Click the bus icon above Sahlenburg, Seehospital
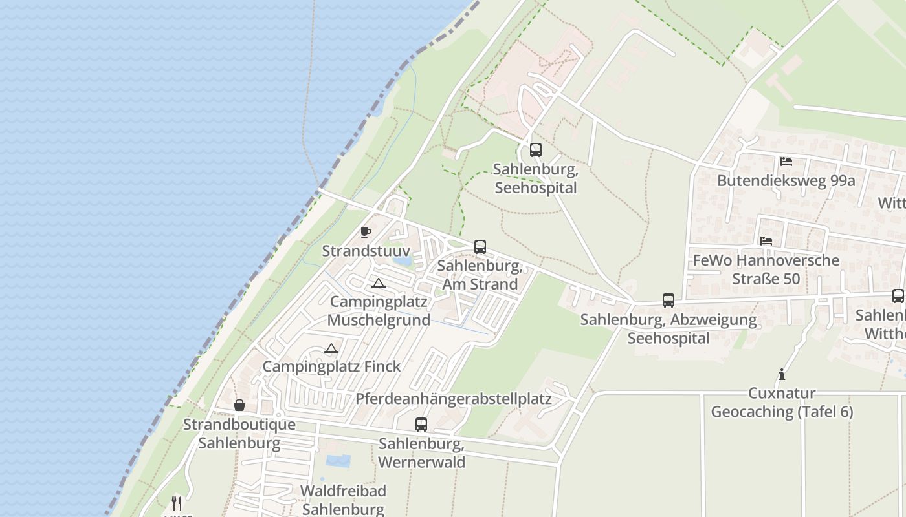(x=536, y=150)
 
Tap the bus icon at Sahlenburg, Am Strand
(x=480, y=247)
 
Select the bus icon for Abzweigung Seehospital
(x=668, y=301)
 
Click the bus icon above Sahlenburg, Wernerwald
(x=421, y=425)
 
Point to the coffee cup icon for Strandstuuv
(x=366, y=232)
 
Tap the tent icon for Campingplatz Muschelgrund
(x=379, y=283)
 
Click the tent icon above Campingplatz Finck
(x=331, y=349)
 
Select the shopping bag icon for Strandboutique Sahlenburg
(x=239, y=405)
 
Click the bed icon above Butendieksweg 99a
(x=786, y=162)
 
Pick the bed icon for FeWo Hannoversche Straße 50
(x=766, y=241)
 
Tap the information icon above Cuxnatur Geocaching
(x=782, y=374)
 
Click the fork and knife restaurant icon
(x=177, y=503)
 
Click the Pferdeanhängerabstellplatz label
(x=453, y=398)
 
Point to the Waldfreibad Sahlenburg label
(x=343, y=500)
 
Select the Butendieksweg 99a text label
(x=786, y=180)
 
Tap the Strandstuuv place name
(x=366, y=251)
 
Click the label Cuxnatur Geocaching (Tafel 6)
(x=782, y=402)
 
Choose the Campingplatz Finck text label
(x=331, y=366)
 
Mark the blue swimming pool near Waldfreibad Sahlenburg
(x=338, y=461)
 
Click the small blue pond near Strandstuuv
(x=402, y=261)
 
